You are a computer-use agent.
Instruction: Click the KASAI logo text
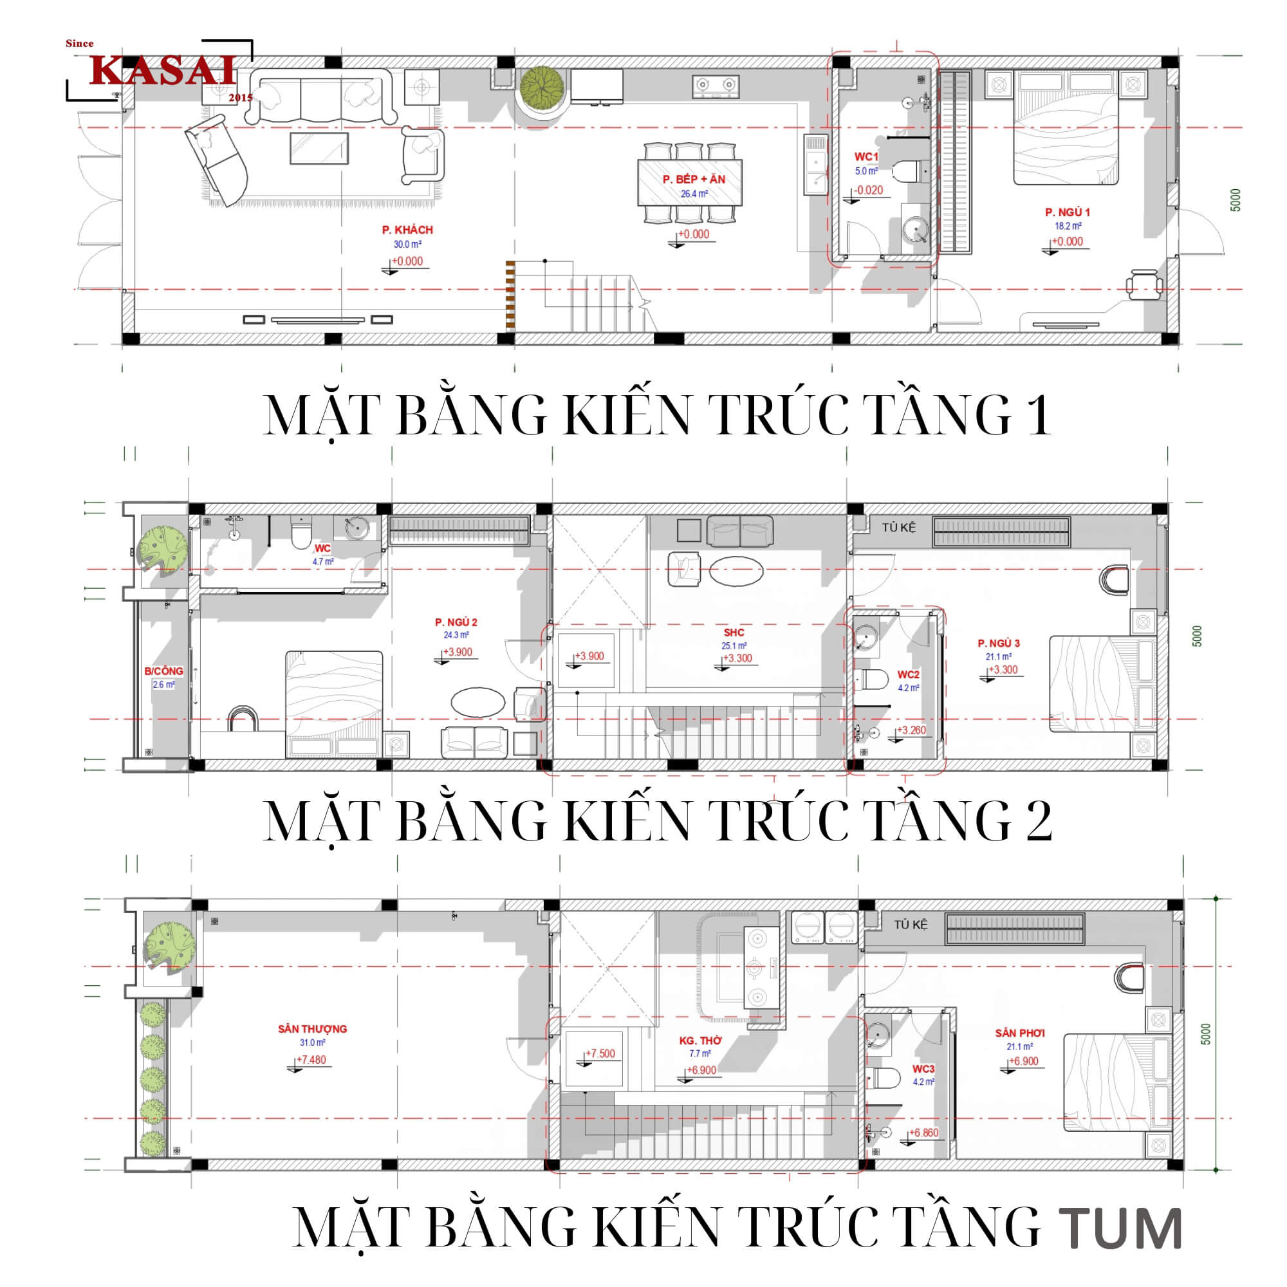(163, 70)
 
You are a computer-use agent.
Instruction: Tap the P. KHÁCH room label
(407, 230)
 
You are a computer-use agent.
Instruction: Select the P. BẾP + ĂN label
(694, 179)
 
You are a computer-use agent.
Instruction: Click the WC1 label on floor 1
(866, 156)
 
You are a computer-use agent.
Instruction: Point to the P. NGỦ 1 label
(1067, 212)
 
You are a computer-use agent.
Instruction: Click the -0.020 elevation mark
(869, 190)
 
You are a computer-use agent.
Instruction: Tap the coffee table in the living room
(319, 148)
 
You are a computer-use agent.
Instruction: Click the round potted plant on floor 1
(542, 87)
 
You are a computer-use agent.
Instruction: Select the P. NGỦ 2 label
(456, 622)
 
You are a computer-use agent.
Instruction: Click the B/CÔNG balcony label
(163, 671)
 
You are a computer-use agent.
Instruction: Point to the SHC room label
(734, 632)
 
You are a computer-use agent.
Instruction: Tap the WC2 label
(908, 674)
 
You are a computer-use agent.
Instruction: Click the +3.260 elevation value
(911, 730)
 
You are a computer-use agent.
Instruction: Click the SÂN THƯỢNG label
(313, 1028)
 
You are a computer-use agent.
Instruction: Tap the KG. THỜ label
(700, 1040)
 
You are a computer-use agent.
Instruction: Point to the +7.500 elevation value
(600, 1053)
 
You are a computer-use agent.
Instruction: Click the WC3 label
(923, 1068)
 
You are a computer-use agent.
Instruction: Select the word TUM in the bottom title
(1120, 1227)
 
